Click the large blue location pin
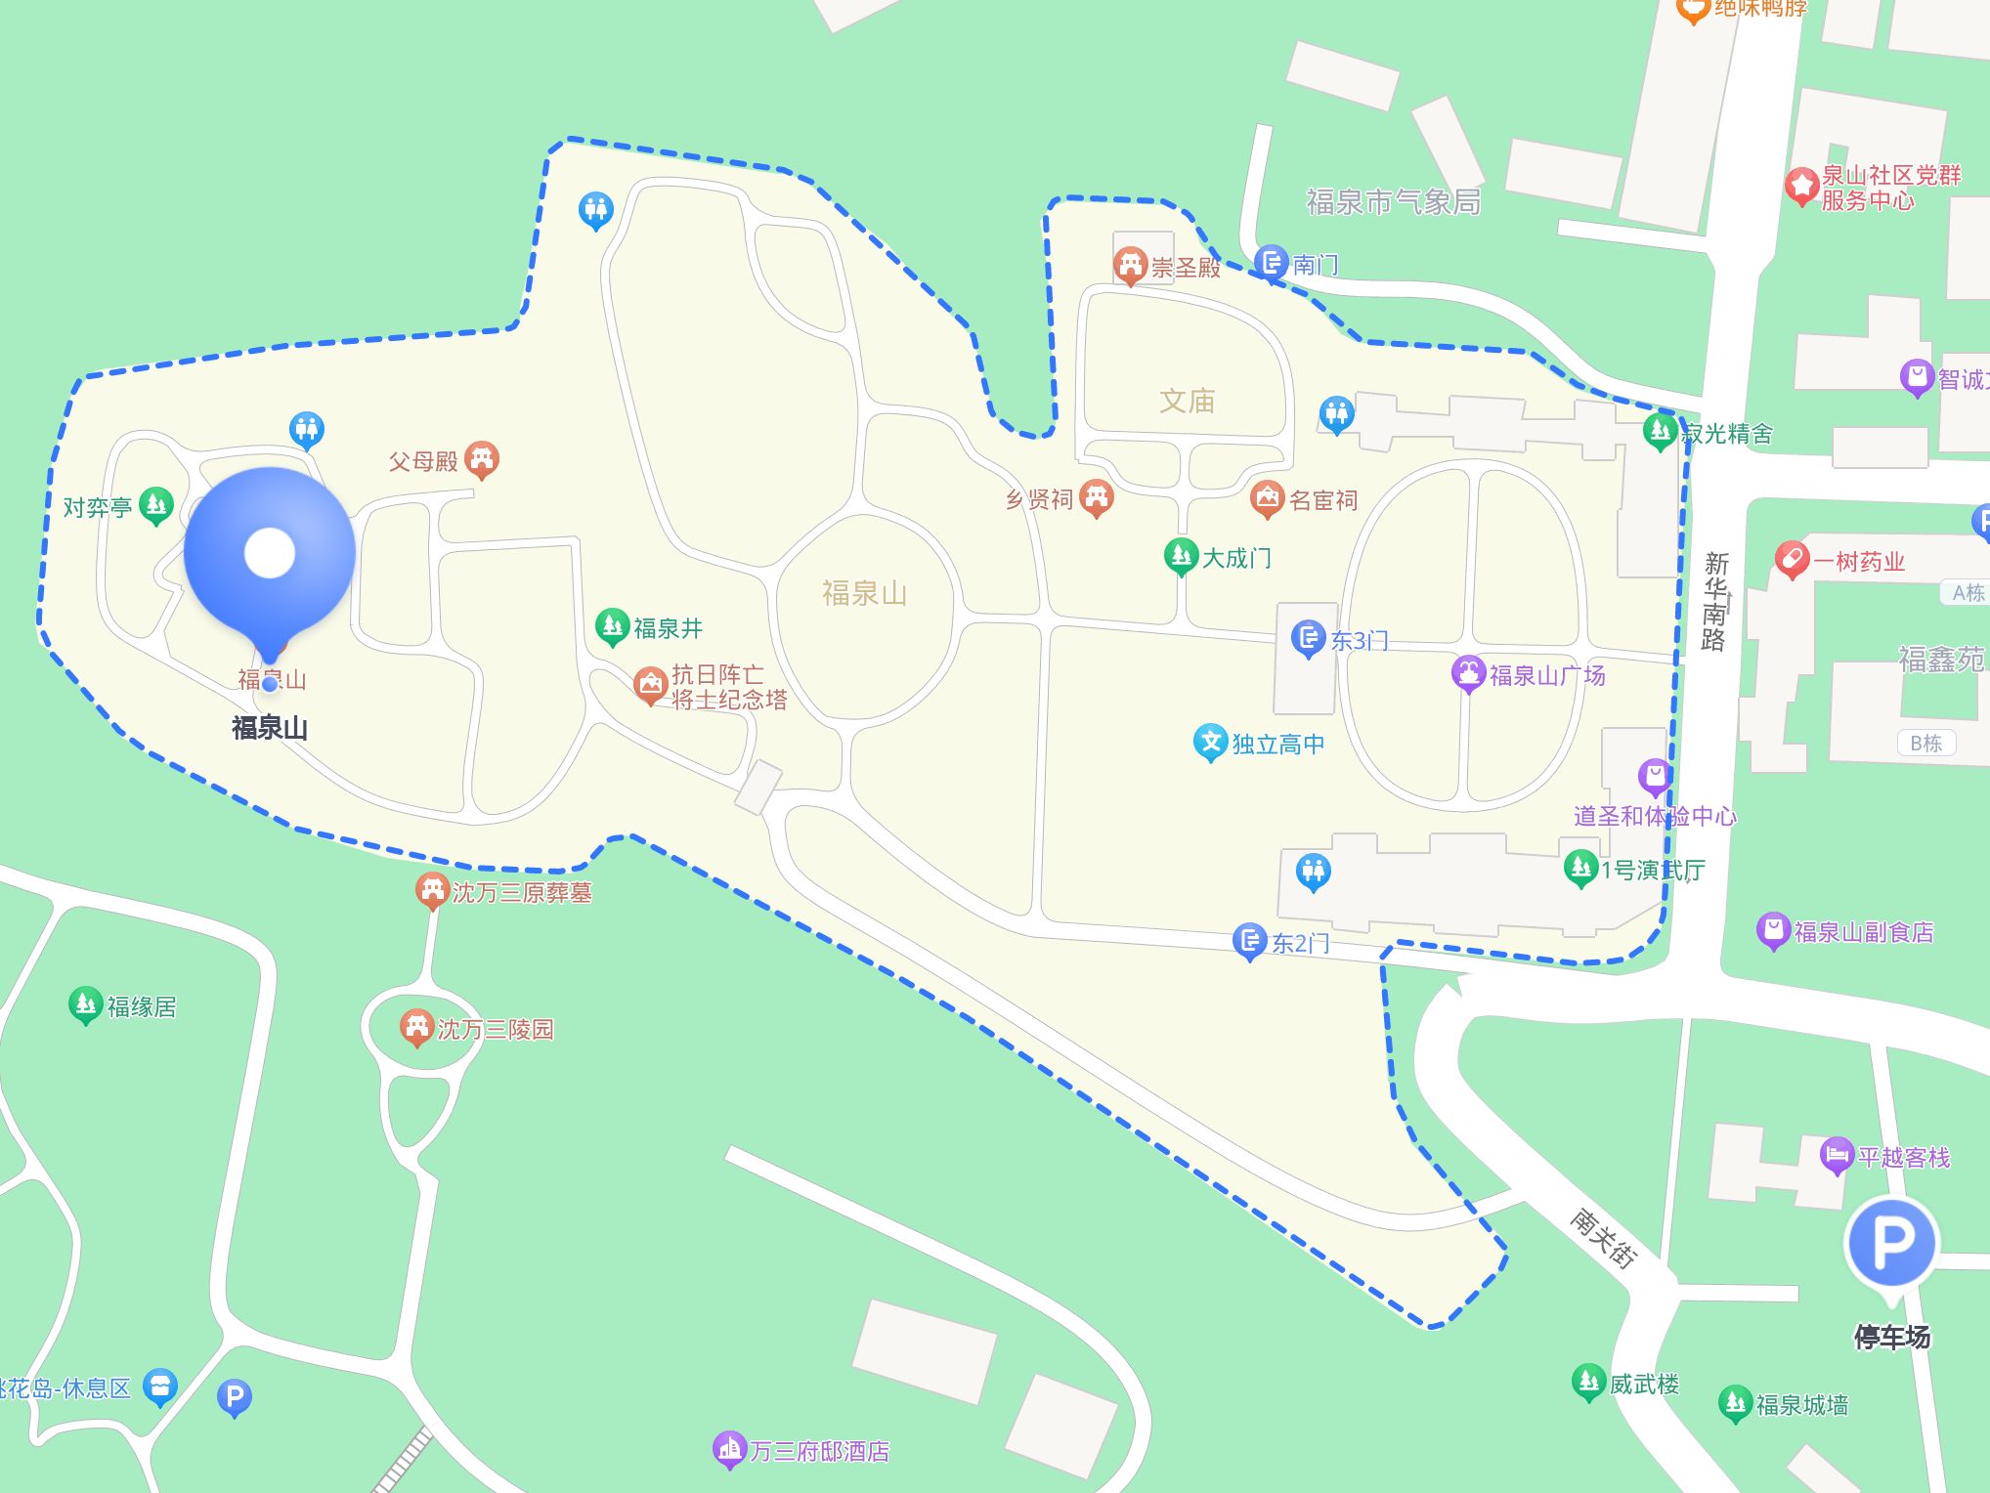pos(269,554)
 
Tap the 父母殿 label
pos(423,461)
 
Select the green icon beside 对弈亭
pos(156,505)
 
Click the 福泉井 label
pos(669,628)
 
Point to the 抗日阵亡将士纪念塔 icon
pos(650,685)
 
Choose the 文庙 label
pos(1187,401)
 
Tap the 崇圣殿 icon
pos(1131,265)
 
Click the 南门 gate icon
pos(1272,262)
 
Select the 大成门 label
pos(1236,558)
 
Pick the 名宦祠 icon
pos(1268,498)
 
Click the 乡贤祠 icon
pos(1097,497)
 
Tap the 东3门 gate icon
pos(1308,638)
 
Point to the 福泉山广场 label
pos(1547,675)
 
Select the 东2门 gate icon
pos(1249,941)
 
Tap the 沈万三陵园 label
pos(496,1029)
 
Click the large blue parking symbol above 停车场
pos(1891,1243)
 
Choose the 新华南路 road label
pos(1715,601)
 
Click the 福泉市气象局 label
pos(1393,202)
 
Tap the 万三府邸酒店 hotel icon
pos(729,1449)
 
